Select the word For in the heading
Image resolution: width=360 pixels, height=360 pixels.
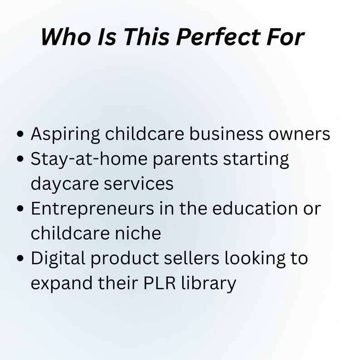coord(283,37)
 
